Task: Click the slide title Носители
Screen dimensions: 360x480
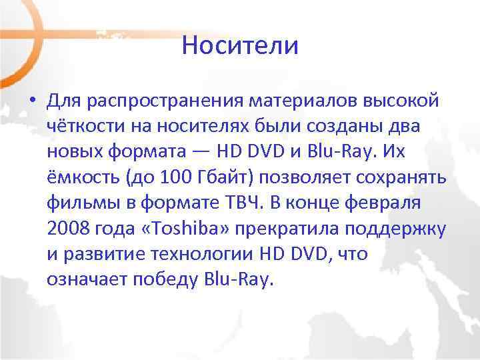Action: [240, 46]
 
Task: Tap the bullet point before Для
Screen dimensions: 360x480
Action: [31, 101]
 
